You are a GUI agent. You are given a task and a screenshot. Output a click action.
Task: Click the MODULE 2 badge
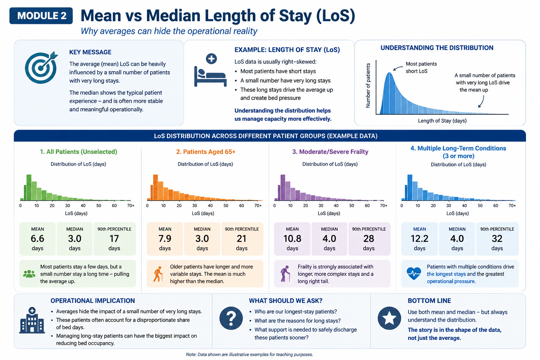[x=41, y=16]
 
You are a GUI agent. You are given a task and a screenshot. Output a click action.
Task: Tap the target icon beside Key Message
[x=41, y=68]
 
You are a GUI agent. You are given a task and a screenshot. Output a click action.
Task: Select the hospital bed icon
[x=211, y=70]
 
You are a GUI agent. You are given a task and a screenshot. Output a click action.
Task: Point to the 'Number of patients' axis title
[x=368, y=85]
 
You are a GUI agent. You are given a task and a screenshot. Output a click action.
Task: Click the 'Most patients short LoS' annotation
[x=421, y=67]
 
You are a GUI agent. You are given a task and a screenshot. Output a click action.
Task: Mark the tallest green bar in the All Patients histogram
[x=29, y=187]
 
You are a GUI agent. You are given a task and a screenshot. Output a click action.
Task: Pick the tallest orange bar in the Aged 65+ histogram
[x=155, y=187]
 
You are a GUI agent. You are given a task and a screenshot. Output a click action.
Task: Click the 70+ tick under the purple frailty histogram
[x=384, y=206]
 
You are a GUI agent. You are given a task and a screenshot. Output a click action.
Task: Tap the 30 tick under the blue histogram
[x=449, y=206]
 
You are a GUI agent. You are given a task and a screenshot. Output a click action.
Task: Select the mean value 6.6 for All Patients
[x=37, y=239]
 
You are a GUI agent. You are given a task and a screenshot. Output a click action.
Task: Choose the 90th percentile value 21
[x=242, y=239]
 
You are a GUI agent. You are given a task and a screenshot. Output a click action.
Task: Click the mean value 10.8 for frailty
[x=292, y=239]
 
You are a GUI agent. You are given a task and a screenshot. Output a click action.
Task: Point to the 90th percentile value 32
[x=497, y=239]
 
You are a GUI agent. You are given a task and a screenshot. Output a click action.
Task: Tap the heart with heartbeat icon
[x=414, y=274]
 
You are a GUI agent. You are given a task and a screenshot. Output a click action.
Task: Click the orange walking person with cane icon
[x=158, y=274]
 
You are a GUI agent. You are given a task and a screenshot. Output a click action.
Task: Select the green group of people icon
[x=29, y=274]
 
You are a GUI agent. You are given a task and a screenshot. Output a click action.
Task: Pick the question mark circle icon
[x=231, y=318]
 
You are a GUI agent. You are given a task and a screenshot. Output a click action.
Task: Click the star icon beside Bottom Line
[x=389, y=318]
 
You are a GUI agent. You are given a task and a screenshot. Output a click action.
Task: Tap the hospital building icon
[x=32, y=321]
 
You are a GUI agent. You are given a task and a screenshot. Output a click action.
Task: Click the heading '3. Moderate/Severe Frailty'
[x=330, y=152]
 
